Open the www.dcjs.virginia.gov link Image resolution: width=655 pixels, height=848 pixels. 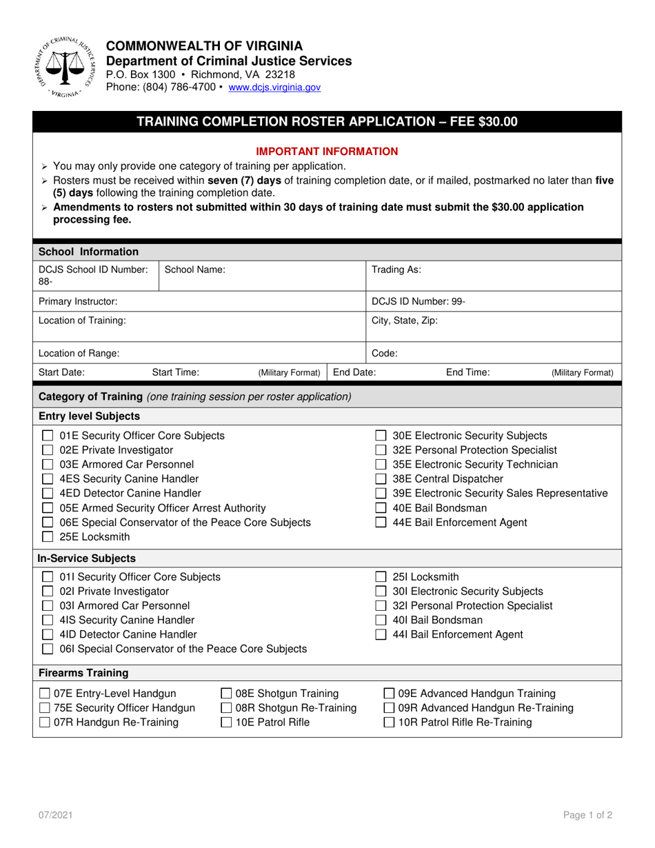point(274,88)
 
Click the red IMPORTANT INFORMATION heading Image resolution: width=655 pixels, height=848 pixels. point(327,151)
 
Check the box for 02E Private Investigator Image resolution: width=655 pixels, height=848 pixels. point(48,450)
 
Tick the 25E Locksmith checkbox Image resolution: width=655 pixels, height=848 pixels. point(48,537)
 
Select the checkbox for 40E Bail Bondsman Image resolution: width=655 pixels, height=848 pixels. point(380,508)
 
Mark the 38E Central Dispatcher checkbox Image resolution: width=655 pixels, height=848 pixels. point(380,479)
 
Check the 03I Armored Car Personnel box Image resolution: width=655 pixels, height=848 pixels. point(48,606)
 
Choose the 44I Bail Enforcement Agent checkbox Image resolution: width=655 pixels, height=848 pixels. point(380,635)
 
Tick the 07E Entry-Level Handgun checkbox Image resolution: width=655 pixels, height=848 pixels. point(44,694)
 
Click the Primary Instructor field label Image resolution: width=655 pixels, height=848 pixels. point(78,301)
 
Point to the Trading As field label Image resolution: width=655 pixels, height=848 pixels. point(396,270)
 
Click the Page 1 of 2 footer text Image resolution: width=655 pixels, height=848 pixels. point(587,815)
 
